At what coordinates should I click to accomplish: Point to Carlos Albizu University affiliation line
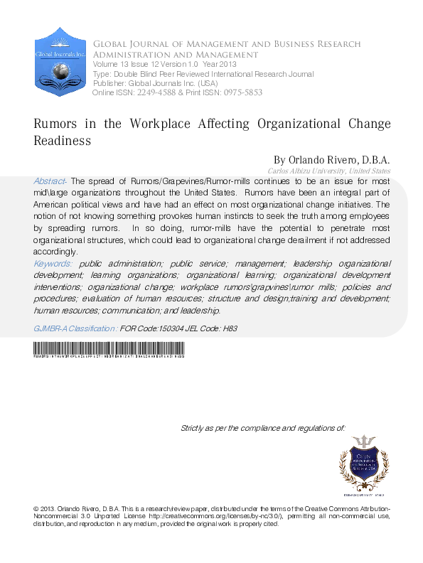[328, 171]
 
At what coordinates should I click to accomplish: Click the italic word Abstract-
[50, 181]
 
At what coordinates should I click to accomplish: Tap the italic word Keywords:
[53, 263]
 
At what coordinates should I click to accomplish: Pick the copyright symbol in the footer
[36, 510]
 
